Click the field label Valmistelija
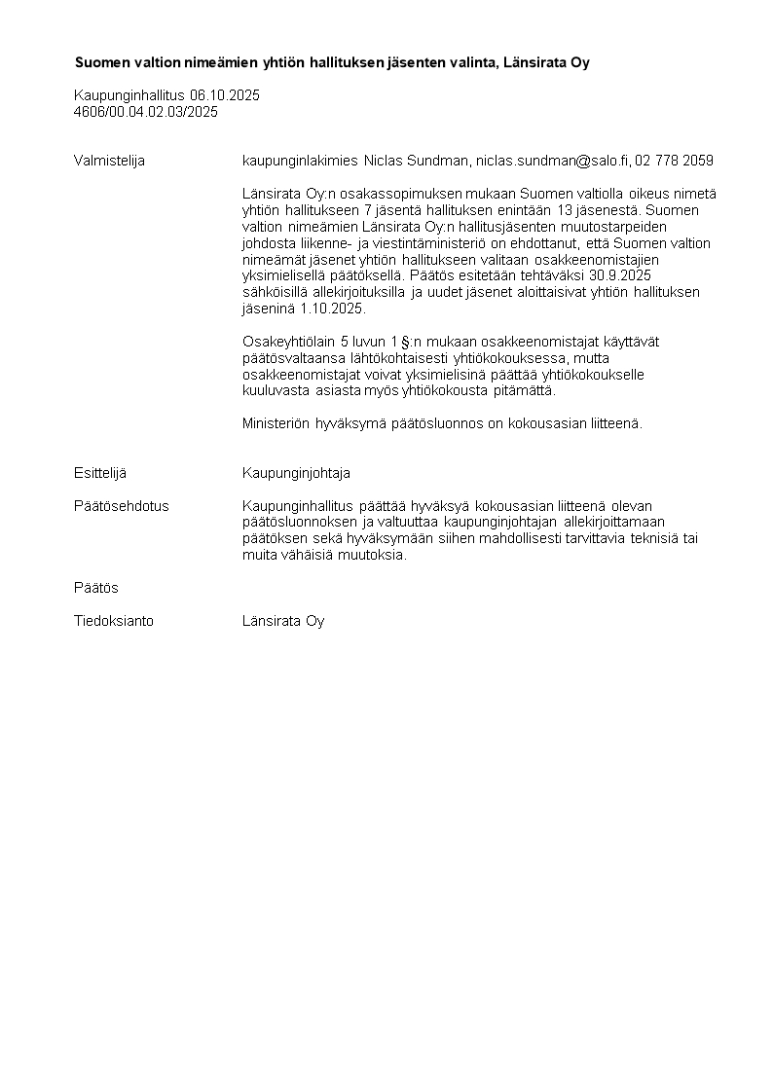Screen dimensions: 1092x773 point(109,161)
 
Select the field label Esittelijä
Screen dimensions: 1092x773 point(100,473)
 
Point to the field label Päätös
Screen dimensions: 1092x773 point(96,588)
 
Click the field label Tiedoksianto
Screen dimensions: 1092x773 point(114,621)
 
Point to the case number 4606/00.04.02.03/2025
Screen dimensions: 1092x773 point(146,112)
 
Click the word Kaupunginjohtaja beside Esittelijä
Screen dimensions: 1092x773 point(296,473)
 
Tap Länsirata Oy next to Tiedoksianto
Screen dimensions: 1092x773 point(283,621)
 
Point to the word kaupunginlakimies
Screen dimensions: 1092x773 point(300,161)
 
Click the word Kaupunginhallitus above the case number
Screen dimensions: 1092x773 point(130,95)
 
